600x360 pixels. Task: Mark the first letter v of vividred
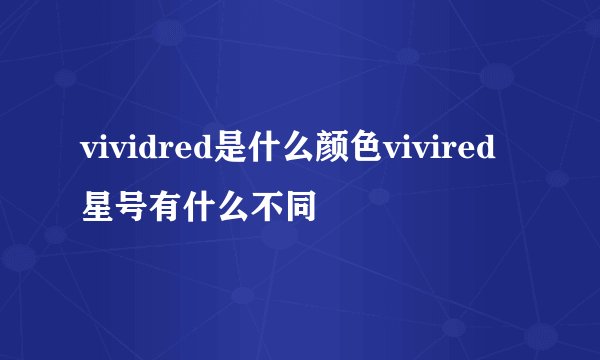[x=88, y=152]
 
